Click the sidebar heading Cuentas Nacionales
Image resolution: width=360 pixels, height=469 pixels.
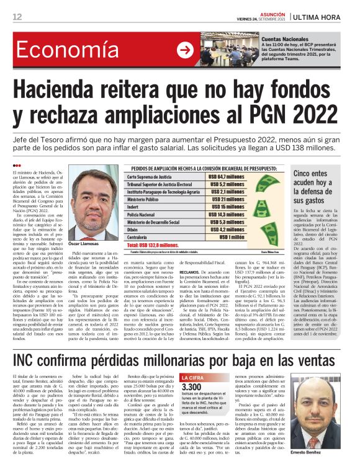pos(284,39)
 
